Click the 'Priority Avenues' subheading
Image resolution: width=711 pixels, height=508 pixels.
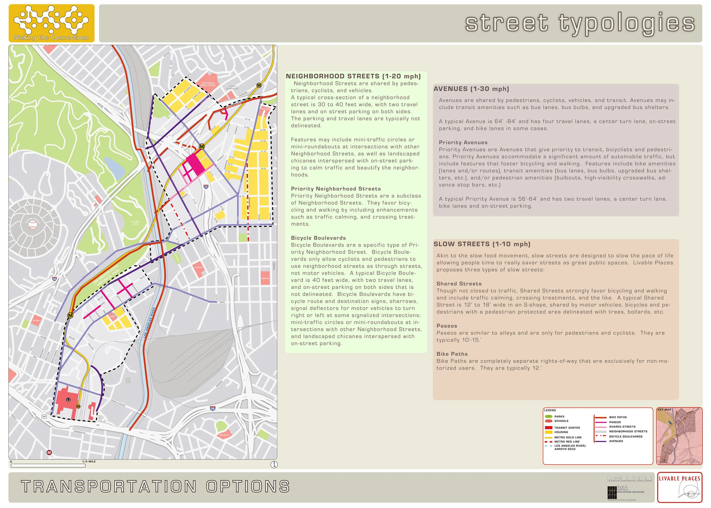click(x=463, y=142)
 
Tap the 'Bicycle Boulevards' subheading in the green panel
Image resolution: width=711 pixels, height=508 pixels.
click(x=318, y=238)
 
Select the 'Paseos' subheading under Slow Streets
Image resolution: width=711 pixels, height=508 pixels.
click(x=447, y=326)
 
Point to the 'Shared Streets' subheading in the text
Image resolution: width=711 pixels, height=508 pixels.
click(x=459, y=284)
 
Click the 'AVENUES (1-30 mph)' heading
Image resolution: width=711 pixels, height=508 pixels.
click(x=471, y=89)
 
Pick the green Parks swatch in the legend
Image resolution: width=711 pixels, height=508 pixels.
click(x=548, y=417)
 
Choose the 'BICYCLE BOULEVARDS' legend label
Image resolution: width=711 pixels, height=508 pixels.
click(x=626, y=436)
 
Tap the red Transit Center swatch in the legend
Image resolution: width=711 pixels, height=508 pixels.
click(x=548, y=428)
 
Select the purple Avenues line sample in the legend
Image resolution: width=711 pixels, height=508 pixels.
click(x=600, y=441)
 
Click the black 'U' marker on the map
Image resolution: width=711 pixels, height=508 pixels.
click(x=68, y=400)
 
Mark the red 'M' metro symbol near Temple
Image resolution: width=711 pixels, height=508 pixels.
click(x=49, y=452)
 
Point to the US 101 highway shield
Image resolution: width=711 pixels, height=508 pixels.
click(x=44, y=416)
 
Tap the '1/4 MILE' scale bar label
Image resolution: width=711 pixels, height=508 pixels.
click(x=89, y=462)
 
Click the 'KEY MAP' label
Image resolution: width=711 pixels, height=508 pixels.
click(x=664, y=410)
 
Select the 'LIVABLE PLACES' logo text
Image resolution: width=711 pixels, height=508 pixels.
click(x=679, y=479)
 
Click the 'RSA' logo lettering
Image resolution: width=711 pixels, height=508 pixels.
click(x=622, y=488)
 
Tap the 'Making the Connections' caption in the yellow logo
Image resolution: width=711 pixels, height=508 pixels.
click(x=51, y=38)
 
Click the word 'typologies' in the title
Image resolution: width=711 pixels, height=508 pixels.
click(x=627, y=23)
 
